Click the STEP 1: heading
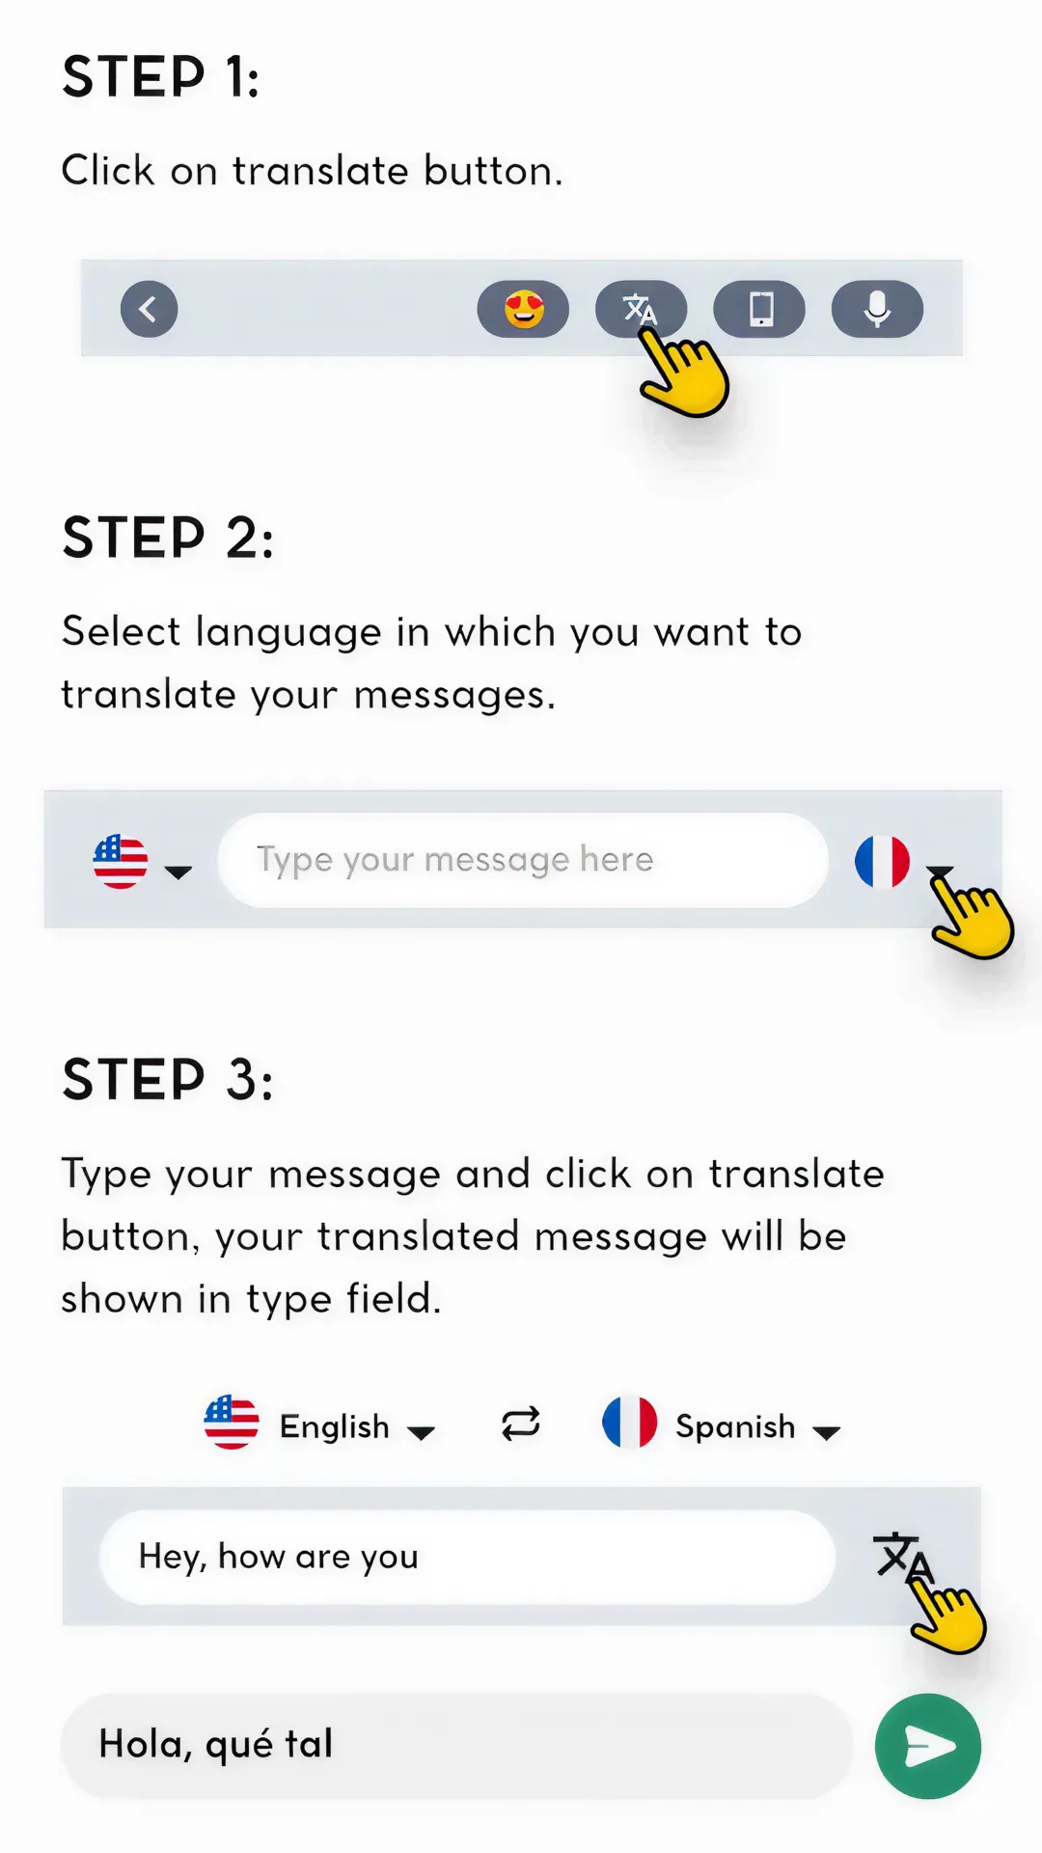161,77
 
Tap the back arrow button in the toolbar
149,309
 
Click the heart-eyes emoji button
523,309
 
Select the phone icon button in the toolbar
759,309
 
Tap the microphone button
877,309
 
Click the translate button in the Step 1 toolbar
641,309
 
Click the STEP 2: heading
168,538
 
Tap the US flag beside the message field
121,861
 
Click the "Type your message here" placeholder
454,860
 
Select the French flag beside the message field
882,861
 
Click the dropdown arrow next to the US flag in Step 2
178,872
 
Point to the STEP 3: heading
168,1079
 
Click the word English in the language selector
334,1426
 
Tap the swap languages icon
521,1424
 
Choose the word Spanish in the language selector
735,1426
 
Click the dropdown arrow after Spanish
827,1433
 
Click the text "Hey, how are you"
279,1557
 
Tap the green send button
928,1746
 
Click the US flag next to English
232,1423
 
